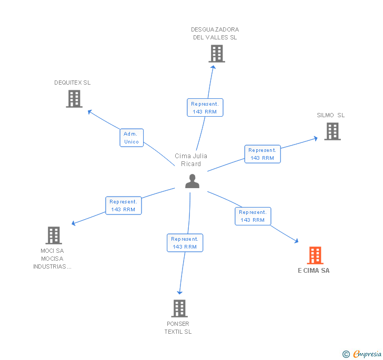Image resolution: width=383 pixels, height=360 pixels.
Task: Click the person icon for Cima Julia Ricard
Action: coord(193,181)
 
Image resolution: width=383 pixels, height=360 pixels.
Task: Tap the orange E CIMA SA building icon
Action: coord(315,255)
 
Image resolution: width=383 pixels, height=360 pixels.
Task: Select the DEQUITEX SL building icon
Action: coord(74,98)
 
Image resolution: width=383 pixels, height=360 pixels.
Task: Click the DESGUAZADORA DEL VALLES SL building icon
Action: coord(216,54)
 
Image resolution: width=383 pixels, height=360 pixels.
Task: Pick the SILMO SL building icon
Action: coord(332,131)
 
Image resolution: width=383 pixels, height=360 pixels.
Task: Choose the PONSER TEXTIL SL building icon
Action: coord(179,308)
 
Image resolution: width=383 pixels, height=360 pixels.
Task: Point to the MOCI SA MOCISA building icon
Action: coord(54,235)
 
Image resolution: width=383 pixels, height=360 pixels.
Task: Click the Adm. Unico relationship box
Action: coord(131,138)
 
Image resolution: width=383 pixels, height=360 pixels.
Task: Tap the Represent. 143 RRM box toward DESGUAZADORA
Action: coord(205,108)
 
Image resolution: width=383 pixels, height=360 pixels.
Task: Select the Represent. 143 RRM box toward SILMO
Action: coord(262,154)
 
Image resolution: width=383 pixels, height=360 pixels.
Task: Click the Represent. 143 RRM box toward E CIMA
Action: coord(253,216)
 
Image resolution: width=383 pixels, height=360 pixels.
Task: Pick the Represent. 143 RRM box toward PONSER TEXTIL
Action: coord(184,243)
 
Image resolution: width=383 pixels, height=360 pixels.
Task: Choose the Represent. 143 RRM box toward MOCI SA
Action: coord(123,205)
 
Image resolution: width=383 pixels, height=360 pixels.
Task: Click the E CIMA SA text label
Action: coord(314,271)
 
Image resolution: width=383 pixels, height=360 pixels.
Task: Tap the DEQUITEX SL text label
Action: coord(73,83)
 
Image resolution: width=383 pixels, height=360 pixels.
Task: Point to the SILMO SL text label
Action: coord(331,115)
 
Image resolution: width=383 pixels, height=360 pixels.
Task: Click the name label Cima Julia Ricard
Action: coord(191,160)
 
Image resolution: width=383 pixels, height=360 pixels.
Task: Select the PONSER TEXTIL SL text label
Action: coord(178,327)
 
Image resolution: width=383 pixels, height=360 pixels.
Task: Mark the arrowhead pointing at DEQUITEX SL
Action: coord(89,111)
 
